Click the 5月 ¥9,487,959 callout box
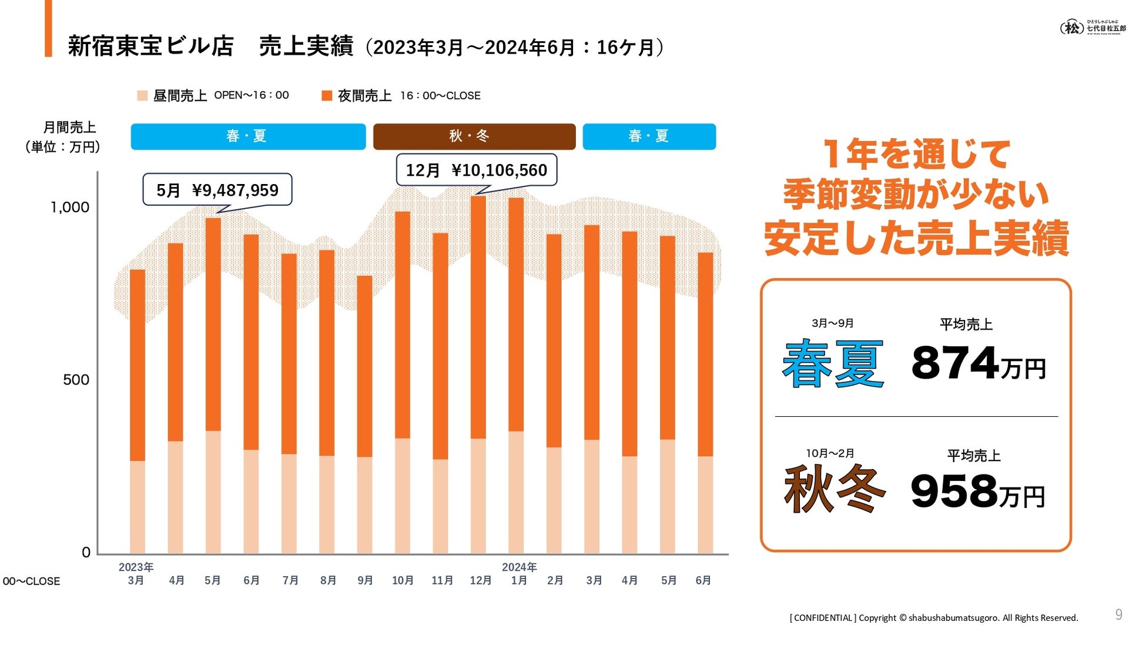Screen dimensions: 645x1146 pos(217,190)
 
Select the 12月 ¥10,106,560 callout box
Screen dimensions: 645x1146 pos(476,171)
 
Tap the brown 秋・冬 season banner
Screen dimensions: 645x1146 pos(474,136)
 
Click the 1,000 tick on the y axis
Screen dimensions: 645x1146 pos(70,208)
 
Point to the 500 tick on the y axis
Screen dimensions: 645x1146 pos(76,380)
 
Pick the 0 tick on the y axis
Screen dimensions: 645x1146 pos(86,553)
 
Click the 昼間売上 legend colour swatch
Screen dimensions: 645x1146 pos(142,96)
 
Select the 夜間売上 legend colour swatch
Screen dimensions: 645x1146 pos(327,96)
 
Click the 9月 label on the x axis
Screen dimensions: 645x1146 pos(365,580)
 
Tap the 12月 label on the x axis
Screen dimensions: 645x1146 pos(480,580)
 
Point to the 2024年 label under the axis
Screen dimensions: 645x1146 pos(519,567)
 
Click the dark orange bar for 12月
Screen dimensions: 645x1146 pos(478,318)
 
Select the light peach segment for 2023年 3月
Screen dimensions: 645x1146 pos(137,507)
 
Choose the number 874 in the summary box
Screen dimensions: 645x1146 pos(954,363)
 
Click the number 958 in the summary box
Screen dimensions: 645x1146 pos(953,492)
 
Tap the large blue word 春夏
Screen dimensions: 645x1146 pos(833,364)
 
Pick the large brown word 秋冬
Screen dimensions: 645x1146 pos(834,489)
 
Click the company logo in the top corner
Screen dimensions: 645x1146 pos(1093,27)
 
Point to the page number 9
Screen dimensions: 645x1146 pos(1118,614)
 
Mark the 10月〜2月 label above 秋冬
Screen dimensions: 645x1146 pos(830,453)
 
